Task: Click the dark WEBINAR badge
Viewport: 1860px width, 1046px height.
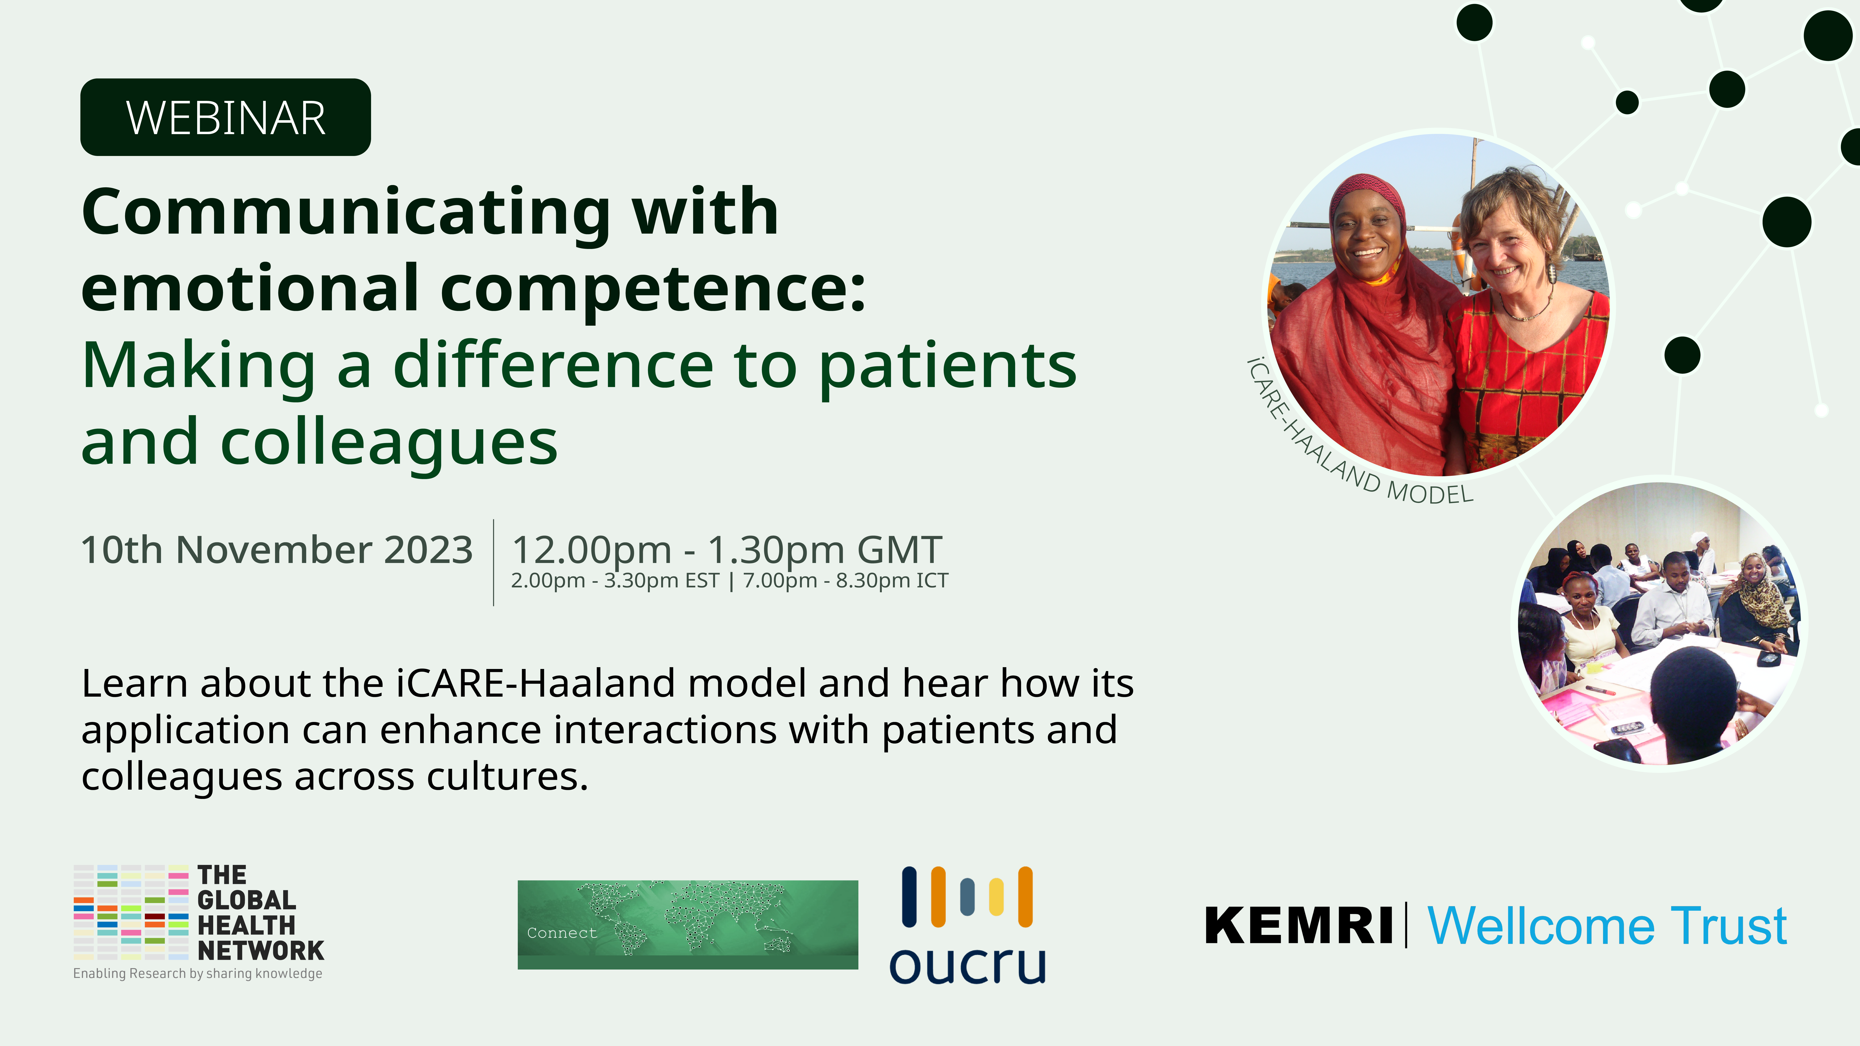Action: coord(225,117)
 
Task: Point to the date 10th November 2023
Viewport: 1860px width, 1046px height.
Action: coord(276,550)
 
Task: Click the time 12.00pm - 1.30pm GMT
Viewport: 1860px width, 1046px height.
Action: coord(726,550)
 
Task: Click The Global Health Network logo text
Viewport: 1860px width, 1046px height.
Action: coord(261,913)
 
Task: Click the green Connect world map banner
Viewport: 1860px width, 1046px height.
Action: coord(688,925)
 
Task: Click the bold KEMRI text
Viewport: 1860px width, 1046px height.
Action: coord(1298,925)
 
